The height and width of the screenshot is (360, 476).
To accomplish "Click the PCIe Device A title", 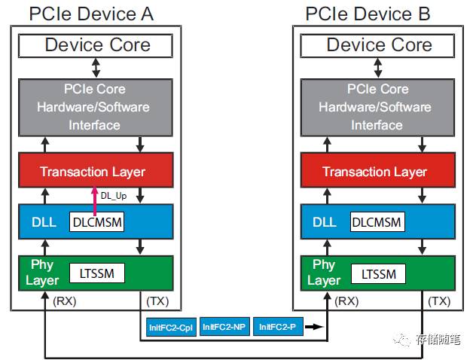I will click(95, 13).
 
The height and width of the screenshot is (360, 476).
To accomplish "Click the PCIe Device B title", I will click(377, 13).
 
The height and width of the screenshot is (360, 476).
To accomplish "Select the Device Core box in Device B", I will click(379, 45).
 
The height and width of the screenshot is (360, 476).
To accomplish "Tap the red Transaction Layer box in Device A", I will click(93, 172).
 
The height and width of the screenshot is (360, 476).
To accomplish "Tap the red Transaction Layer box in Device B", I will click(374, 172).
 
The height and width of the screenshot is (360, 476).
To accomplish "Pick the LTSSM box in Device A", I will click(96, 273).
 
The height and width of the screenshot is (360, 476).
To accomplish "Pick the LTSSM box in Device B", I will click(379, 273).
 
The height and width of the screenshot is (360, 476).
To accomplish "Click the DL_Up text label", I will click(113, 196).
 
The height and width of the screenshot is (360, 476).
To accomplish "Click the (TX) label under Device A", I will click(156, 301).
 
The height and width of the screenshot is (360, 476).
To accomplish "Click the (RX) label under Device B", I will click(346, 301).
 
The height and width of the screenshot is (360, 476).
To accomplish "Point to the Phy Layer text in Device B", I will click(323, 273).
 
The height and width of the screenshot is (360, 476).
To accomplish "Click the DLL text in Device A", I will click(44, 222).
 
